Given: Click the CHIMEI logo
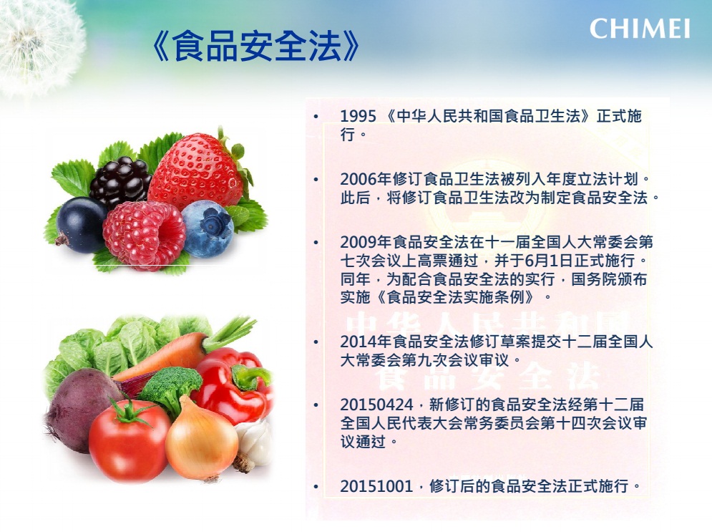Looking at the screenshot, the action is pos(640,29).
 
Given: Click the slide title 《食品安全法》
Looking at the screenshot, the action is pos(255,47).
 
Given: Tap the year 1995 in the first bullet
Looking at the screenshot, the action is pos(359,116).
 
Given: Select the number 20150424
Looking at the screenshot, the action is pos(377,405).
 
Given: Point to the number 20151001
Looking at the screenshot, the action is pos(376,486).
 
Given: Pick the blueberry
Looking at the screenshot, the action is pos(207,228).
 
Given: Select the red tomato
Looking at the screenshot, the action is pos(130,440).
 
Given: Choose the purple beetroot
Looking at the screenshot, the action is pos(82,410).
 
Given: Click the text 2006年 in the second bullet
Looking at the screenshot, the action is pos(366,179).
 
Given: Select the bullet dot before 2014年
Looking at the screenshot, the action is pos(316,342).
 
